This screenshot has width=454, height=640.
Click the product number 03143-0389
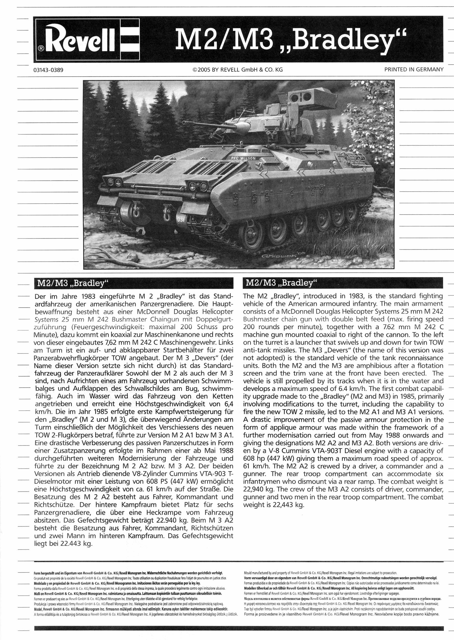(48, 70)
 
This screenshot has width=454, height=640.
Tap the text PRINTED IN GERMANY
(414, 69)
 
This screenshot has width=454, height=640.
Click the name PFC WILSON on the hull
(243, 158)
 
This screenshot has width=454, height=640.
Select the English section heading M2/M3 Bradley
(280, 283)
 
